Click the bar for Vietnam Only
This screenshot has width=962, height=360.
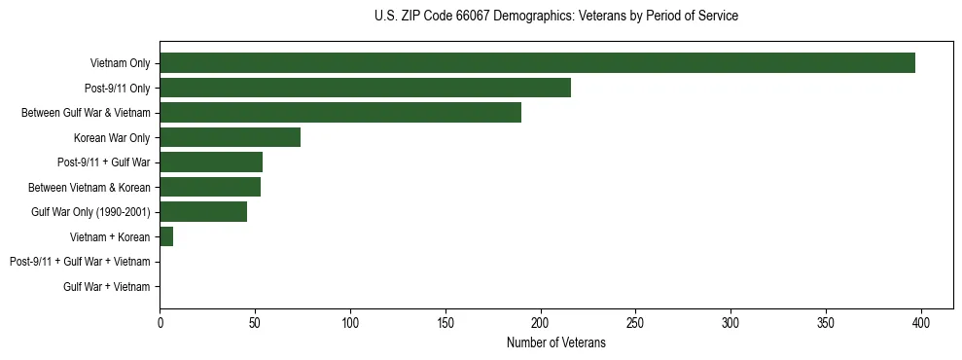[x=537, y=63]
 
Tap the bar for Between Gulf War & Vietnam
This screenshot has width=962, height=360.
[x=340, y=113]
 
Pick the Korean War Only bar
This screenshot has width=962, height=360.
[x=230, y=137]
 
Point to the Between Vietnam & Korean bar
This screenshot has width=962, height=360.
[x=210, y=187]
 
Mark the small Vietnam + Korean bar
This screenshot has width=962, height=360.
[x=166, y=236]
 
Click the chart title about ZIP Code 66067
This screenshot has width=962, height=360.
[x=555, y=17]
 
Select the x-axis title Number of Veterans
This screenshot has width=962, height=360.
[x=555, y=343]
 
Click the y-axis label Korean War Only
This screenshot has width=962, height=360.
[x=112, y=137]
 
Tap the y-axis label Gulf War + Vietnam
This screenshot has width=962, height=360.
[x=107, y=286]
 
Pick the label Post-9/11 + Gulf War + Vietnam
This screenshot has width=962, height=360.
[x=80, y=262]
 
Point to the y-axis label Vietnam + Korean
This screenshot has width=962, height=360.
[x=110, y=236]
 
